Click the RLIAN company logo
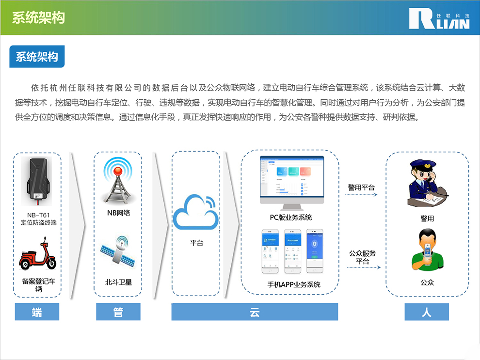439,18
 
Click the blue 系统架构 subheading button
37,57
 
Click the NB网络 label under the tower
118,213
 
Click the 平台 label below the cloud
196,243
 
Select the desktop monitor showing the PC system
290,180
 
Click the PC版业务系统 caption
291,217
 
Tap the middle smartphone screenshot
296,251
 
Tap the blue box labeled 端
37,312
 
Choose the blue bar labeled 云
255,312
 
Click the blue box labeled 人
427,312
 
